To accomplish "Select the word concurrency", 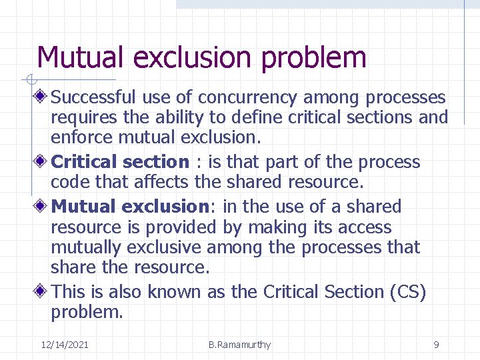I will [254, 98].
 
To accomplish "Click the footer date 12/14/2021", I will [65, 345].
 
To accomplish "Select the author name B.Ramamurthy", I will [239, 345].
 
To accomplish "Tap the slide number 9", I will [436, 345].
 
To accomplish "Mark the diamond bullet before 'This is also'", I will [42, 292].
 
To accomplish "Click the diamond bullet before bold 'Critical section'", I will [42, 162].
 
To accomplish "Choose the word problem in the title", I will [314, 57].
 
